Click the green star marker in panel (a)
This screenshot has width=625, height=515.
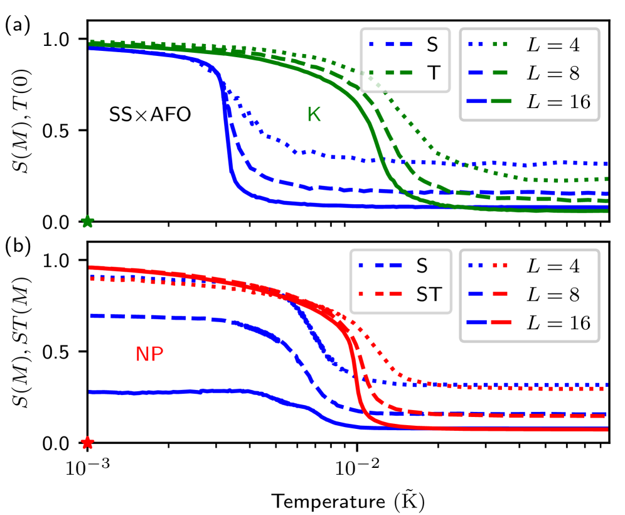pos(87,222)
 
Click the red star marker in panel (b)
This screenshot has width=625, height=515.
pos(87,443)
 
